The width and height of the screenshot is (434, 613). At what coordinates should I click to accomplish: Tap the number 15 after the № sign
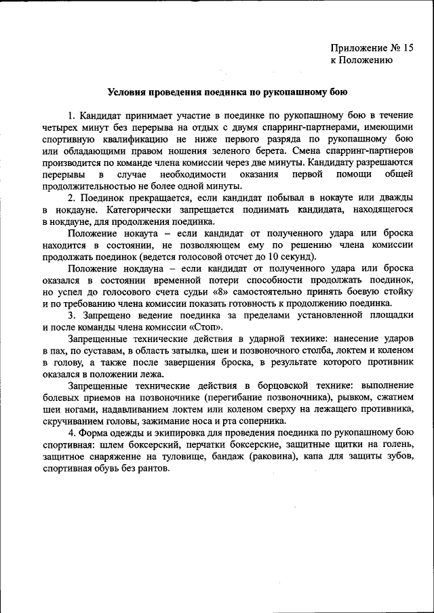[407, 47]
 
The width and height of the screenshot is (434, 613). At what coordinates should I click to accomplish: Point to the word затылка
[195, 351]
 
